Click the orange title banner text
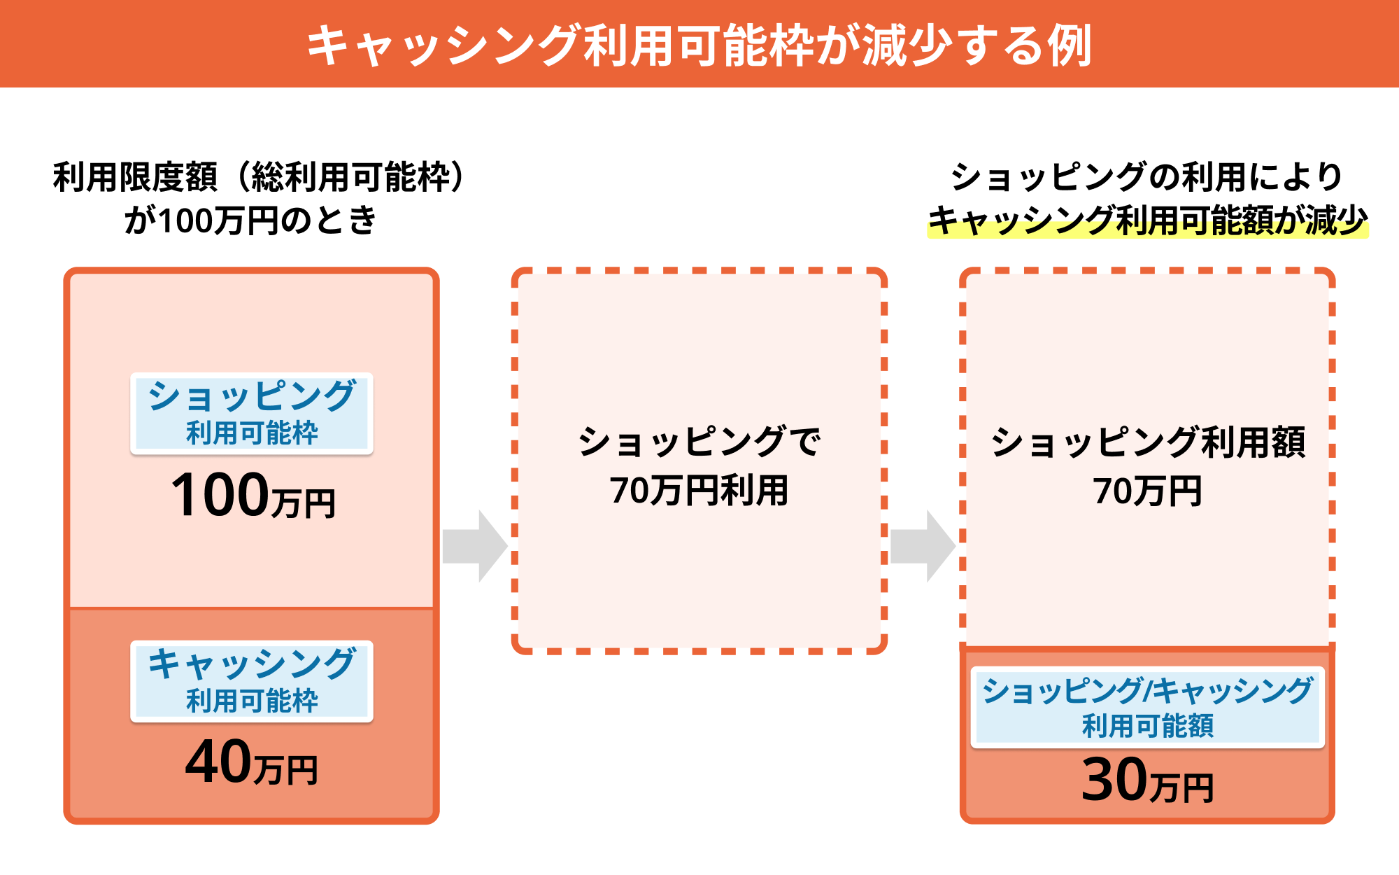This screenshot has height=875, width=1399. pyautogui.click(x=699, y=45)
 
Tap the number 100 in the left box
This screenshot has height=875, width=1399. pyautogui.click(x=220, y=495)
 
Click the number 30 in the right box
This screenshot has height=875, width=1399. pyautogui.click(x=1114, y=779)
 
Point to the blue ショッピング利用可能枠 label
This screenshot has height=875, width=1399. pyautogui.click(x=252, y=414)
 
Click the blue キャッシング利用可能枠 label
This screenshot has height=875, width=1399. pyautogui.click(x=252, y=681)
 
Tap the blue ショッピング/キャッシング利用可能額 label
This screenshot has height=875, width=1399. pyautogui.click(x=1147, y=707)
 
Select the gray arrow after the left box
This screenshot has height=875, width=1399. pyautogui.click(x=475, y=546)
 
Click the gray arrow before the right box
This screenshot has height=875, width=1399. pyautogui.click(x=923, y=546)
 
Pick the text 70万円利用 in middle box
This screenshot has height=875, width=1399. pyautogui.click(x=699, y=490)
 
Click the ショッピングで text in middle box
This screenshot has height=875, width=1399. pyautogui.click(x=699, y=442)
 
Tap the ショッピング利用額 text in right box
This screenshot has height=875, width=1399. pyautogui.click(x=1147, y=442)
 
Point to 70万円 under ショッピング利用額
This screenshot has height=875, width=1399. pyautogui.click(x=1147, y=491)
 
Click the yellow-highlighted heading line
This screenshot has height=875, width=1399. pyautogui.click(x=1147, y=220)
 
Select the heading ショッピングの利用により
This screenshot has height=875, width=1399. pyautogui.click(x=1147, y=176)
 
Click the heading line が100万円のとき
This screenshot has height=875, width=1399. pyautogui.click(x=250, y=220)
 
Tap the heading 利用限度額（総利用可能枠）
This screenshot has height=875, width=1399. pyautogui.click(x=259, y=176)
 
